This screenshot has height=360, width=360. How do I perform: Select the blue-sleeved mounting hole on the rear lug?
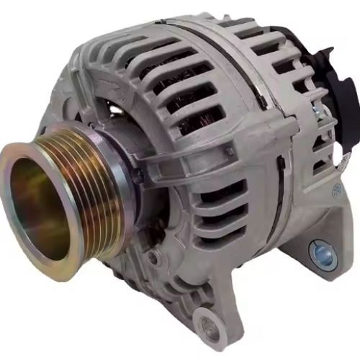coord(322,253)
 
